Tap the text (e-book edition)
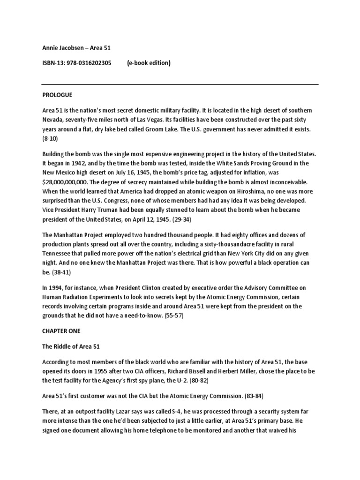(149, 63)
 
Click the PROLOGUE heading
(57, 95)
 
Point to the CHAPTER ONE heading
(61, 330)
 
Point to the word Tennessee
(57, 254)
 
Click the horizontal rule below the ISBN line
(180, 84)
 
